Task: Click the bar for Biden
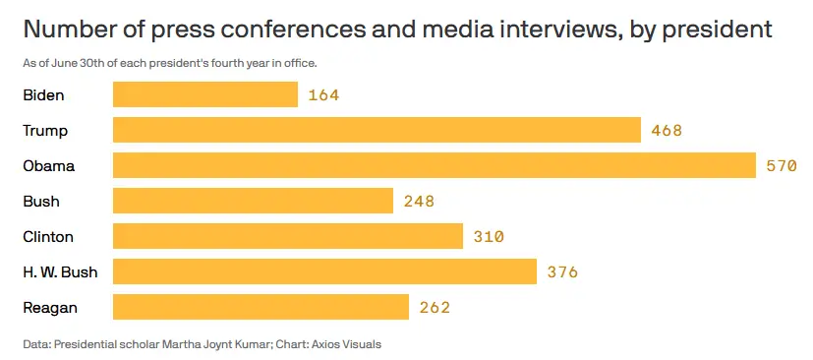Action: [205, 95]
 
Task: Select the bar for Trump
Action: [377, 131]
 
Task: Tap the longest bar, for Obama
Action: [434, 166]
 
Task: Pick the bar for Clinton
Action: [288, 237]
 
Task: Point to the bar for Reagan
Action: [261, 308]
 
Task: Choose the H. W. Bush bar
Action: [324, 272]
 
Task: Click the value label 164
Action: [323, 95]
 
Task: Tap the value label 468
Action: [667, 131]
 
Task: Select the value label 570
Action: [782, 166]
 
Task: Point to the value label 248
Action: [419, 202]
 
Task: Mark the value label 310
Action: [489, 237]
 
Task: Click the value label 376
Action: [562, 272]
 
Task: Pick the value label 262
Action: [435, 308]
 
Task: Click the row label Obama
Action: [49, 166]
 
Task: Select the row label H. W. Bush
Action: [60, 272]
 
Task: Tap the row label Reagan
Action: [50, 308]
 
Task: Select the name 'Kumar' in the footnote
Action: [238, 344]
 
